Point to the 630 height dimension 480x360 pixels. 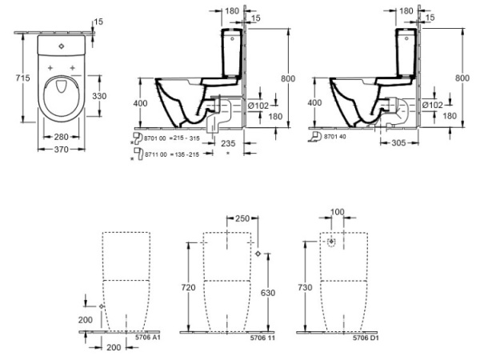click(267, 293)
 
